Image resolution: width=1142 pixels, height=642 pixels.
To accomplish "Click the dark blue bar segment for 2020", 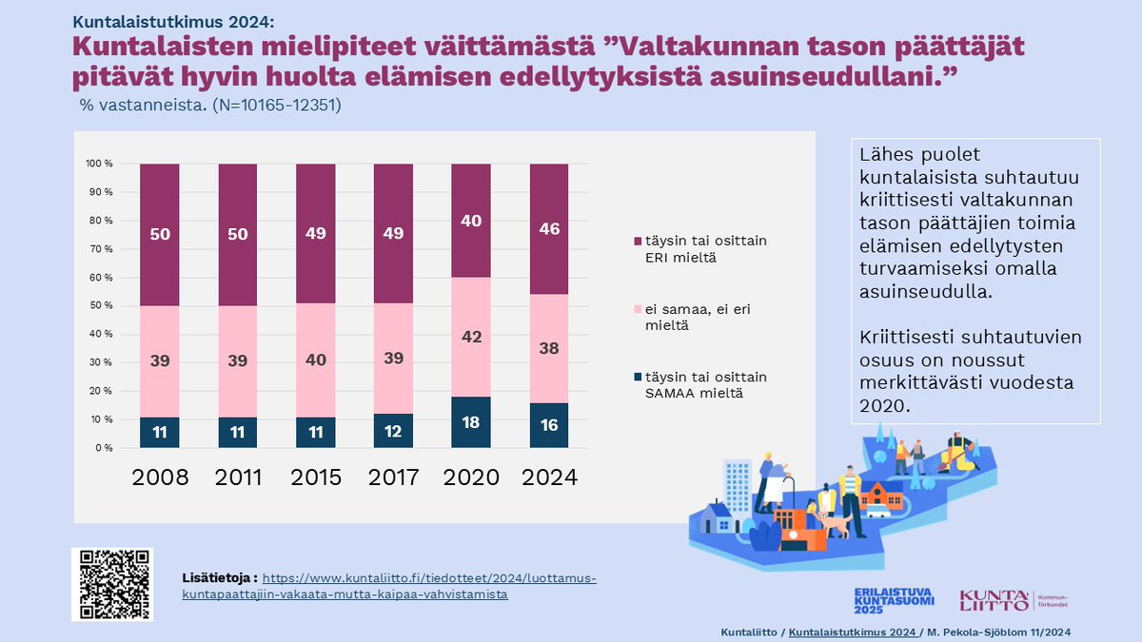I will [x=471, y=422].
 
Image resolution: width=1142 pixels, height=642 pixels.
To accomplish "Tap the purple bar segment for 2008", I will [x=159, y=234].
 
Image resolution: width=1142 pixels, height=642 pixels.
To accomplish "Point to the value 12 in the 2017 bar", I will [x=393, y=431].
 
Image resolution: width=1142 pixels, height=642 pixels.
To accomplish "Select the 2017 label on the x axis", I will [x=393, y=477].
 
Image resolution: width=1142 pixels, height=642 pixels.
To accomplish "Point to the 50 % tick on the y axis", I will [x=101, y=305].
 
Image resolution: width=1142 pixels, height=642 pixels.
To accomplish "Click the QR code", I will [x=112, y=584].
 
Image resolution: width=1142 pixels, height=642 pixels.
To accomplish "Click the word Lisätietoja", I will [x=219, y=577].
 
